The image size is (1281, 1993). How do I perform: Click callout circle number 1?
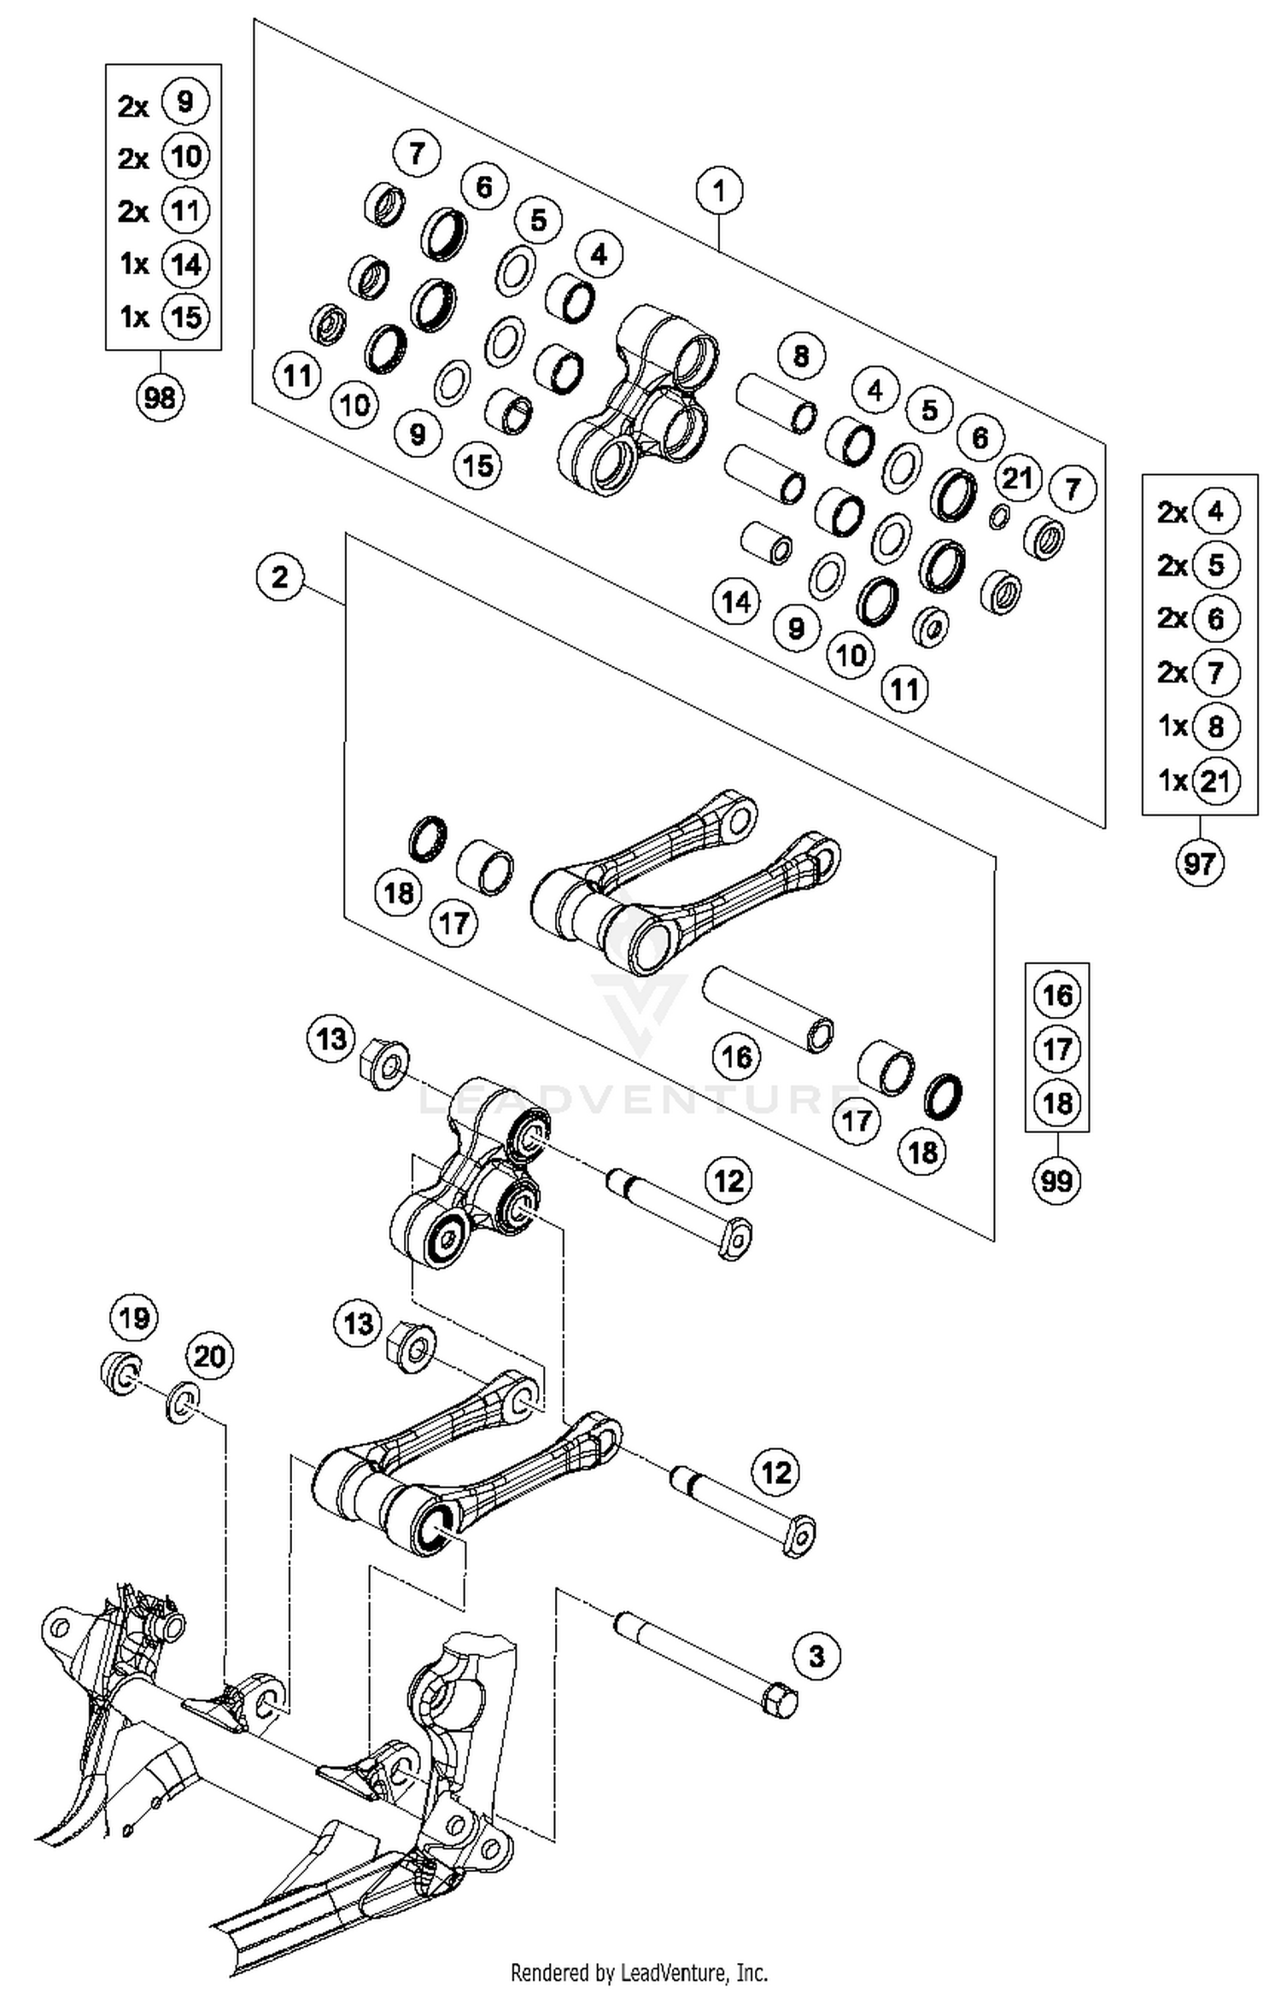click(x=719, y=190)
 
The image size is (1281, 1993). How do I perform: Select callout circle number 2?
click(x=280, y=578)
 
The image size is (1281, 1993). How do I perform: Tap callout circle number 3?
click(x=816, y=1657)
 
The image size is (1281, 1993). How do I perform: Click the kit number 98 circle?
click(x=160, y=397)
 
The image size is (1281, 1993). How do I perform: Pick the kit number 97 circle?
click(x=1199, y=863)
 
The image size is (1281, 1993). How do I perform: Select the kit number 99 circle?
click(x=1057, y=1181)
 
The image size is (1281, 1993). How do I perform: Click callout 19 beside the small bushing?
click(x=134, y=1318)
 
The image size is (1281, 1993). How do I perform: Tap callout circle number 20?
click(x=210, y=1356)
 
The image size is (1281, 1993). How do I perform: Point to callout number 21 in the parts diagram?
click(x=1017, y=478)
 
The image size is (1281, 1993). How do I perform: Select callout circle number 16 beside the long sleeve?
click(x=736, y=1057)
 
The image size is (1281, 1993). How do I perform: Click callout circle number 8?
click(x=800, y=355)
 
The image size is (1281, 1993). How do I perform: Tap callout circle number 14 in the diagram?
click(x=736, y=602)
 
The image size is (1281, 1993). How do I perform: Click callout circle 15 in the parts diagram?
click(x=478, y=465)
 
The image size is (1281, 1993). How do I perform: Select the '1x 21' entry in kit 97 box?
click(x=1198, y=780)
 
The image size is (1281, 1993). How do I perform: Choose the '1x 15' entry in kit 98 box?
click(x=161, y=317)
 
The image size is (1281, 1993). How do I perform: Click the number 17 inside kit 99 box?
click(x=1057, y=1049)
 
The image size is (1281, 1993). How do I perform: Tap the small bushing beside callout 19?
click(x=120, y=1373)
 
